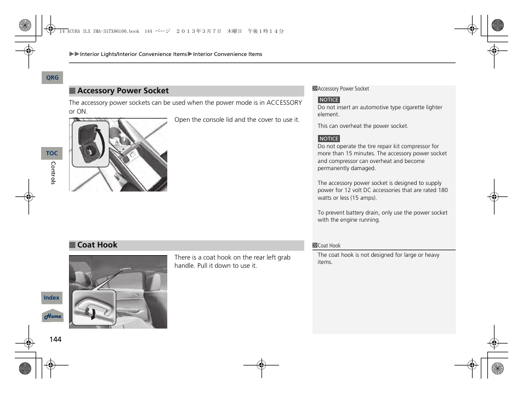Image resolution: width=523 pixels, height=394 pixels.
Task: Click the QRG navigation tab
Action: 52,78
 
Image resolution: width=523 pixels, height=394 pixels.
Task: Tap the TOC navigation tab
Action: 52,154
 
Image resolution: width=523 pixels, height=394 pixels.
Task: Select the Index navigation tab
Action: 52,298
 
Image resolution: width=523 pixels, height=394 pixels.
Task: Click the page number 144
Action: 55,340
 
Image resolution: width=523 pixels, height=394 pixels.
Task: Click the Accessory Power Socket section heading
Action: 123,91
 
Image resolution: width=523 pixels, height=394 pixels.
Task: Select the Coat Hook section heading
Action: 97,245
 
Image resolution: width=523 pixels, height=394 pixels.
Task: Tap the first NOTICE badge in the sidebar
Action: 329,100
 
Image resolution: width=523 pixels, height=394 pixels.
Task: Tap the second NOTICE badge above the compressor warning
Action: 329,139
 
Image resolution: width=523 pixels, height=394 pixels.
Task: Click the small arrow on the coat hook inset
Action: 93,313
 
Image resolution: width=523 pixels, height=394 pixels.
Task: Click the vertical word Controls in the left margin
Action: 53,173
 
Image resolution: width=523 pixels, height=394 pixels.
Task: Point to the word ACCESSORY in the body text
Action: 284,103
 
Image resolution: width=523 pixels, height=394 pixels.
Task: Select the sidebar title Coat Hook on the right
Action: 329,246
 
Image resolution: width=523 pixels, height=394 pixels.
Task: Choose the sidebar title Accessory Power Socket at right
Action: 343,89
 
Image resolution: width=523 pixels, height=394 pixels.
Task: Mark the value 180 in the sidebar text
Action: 442,190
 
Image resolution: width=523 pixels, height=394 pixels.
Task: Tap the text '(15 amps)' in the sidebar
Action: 363,198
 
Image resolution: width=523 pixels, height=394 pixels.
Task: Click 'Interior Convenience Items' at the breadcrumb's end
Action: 228,54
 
